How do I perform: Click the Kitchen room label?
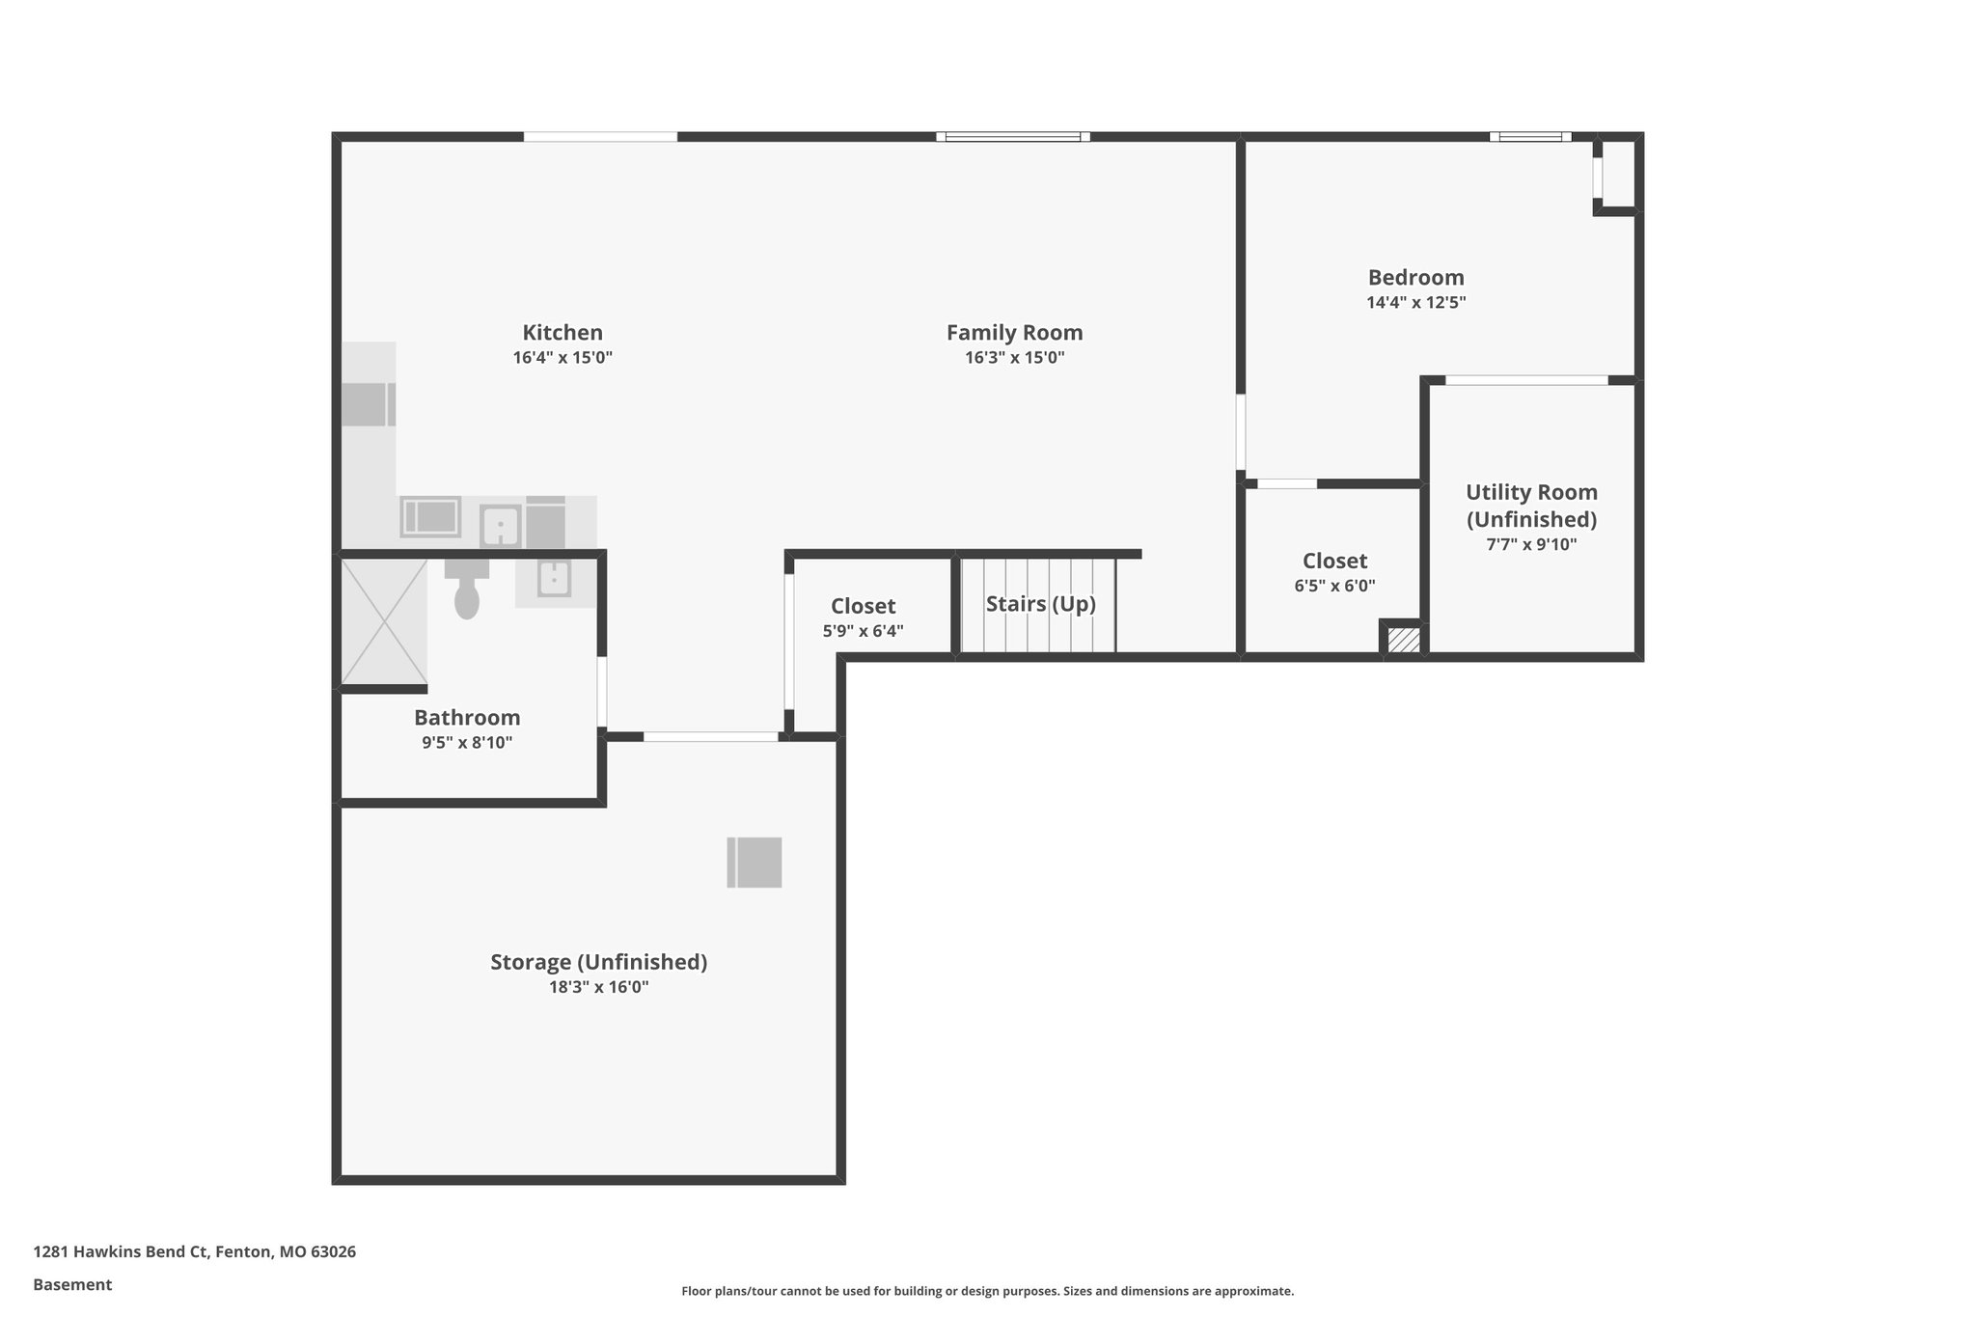pos(563,333)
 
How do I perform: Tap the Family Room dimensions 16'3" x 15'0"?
pos(1014,358)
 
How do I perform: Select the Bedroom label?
pos(1415,278)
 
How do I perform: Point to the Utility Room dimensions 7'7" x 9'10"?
pos(1531,544)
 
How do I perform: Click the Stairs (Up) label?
pos(1040,604)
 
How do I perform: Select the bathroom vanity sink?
pos(555,579)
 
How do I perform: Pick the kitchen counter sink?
pos(501,527)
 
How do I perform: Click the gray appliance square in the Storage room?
pos(754,862)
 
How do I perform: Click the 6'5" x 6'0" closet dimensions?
pos(1334,586)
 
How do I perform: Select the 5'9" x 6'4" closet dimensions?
pos(863,632)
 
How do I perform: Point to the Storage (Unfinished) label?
pos(598,962)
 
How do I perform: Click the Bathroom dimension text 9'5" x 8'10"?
pos(467,743)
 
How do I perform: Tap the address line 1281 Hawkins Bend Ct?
pos(194,1252)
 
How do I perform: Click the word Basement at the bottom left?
pos(72,1284)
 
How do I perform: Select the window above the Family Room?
pos(1012,137)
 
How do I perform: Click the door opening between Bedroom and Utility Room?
pos(1526,380)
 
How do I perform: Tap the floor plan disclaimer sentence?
pos(987,1291)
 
